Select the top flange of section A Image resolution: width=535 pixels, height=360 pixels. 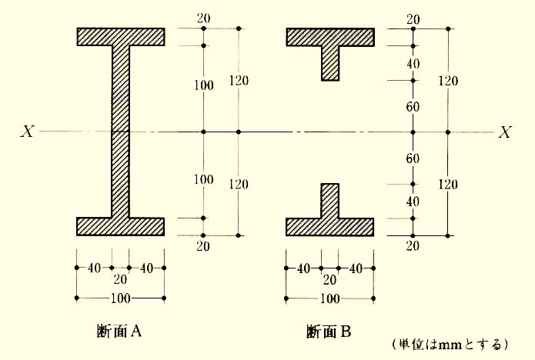point(120,36)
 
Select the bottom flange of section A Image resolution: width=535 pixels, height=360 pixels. point(120,226)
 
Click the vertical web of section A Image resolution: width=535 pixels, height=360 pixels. point(120,131)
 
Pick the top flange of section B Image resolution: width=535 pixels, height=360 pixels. point(330,36)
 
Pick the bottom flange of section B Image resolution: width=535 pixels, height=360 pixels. point(330,226)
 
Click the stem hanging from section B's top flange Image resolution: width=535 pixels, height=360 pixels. point(330,62)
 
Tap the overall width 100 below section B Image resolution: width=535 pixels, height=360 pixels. point(329,298)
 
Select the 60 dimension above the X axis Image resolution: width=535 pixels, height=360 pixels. point(413,106)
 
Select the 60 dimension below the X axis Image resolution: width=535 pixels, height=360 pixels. point(413,158)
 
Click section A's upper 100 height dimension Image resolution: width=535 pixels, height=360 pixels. point(203,85)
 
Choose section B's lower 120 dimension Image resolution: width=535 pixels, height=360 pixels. point(449,184)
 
